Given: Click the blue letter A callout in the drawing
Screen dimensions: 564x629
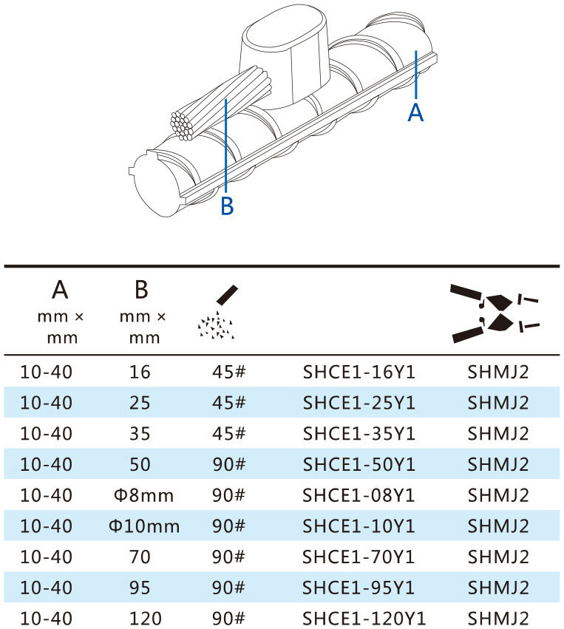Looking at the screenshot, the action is (x=415, y=112).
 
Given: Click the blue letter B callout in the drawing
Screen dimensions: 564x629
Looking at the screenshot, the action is (x=227, y=205).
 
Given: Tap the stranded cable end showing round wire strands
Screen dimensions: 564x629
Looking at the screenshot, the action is (x=183, y=126).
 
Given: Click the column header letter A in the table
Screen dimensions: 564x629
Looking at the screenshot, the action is (x=60, y=290).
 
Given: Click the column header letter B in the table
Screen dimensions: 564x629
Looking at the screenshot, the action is (x=141, y=290).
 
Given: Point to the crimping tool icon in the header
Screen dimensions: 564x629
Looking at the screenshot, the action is (x=495, y=313).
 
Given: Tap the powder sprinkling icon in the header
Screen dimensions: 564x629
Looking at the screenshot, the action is (x=218, y=312).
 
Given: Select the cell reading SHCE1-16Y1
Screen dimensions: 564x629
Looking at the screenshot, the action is (x=359, y=373).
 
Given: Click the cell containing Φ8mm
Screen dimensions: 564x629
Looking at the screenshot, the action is (x=143, y=495).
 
